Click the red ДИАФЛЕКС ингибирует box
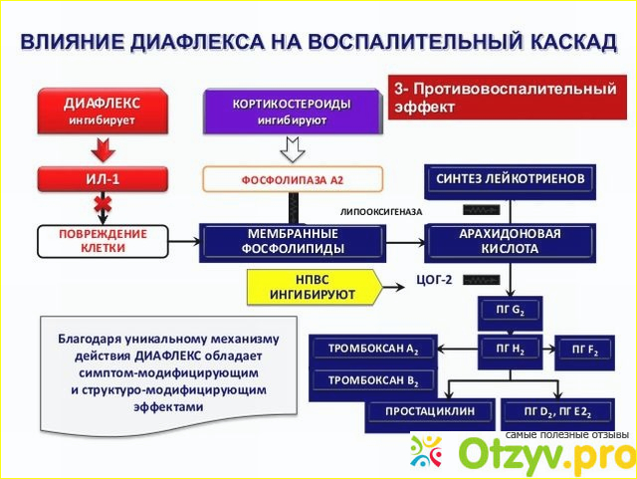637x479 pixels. coord(103,112)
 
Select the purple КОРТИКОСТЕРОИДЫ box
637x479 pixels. coord(292,112)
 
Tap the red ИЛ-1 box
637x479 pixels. coord(103,179)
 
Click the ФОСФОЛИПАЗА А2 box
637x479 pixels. coord(292,180)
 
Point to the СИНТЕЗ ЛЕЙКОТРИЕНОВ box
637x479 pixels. coord(510,179)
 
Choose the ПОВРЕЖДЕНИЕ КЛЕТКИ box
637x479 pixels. coord(103,241)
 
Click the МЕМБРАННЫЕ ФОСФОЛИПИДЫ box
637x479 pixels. coord(294,241)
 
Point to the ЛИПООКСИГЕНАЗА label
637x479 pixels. coord(380,212)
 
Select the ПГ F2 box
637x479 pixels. coord(583,349)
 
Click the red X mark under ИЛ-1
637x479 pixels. coord(102,206)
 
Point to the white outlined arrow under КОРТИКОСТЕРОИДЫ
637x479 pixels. coord(292,149)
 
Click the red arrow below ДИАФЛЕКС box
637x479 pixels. coord(103,149)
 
